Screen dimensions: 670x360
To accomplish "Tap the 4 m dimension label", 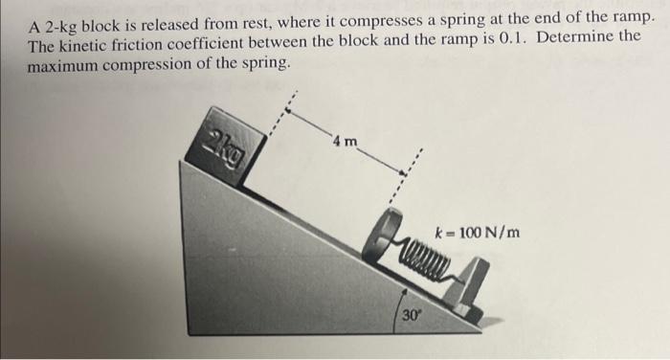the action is click(346, 143).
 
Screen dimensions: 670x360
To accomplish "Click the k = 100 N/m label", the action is click(478, 232).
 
